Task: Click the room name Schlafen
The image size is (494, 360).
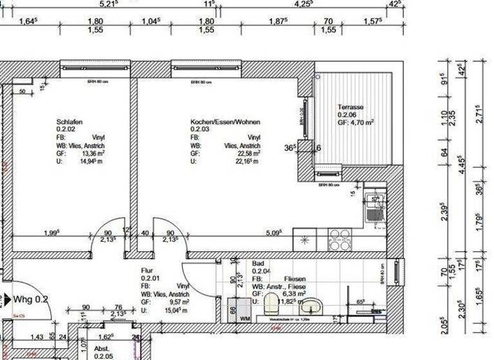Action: click(69, 122)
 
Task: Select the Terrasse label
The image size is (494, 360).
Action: click(351, 107)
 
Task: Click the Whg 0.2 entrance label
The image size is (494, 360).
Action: click(32, 299)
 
